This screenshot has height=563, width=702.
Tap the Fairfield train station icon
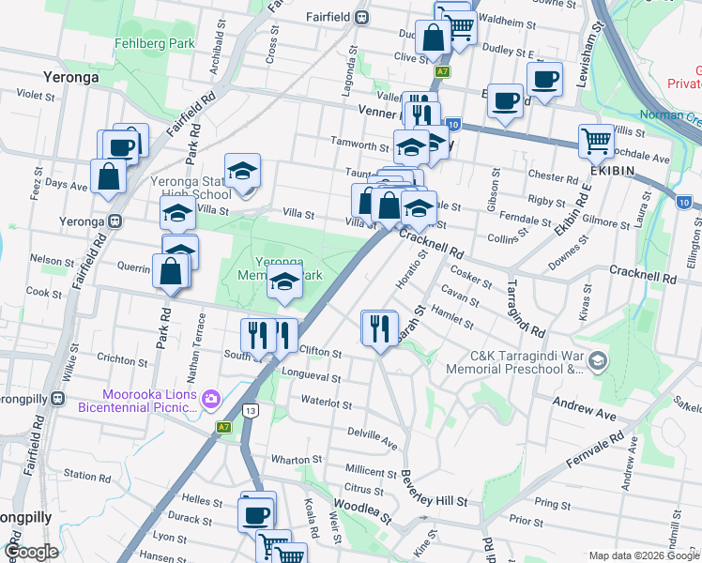click(362, 17)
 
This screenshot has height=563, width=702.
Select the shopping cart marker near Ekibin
click(597, 142)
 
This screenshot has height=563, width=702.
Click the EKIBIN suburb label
click(613, 171)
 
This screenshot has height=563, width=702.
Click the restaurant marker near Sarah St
click(379, 327)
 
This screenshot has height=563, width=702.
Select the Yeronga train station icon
click(114, 221)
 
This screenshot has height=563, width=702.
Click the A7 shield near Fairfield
click(441, 71)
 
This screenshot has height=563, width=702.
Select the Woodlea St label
click(360, 517)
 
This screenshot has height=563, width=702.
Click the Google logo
click(31, 553)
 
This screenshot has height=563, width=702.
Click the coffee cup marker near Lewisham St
click(544, 79)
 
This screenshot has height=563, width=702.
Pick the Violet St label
click(37, 95)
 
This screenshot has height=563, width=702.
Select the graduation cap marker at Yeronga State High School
click(242, 171)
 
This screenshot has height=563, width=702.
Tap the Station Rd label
click(86, 476)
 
